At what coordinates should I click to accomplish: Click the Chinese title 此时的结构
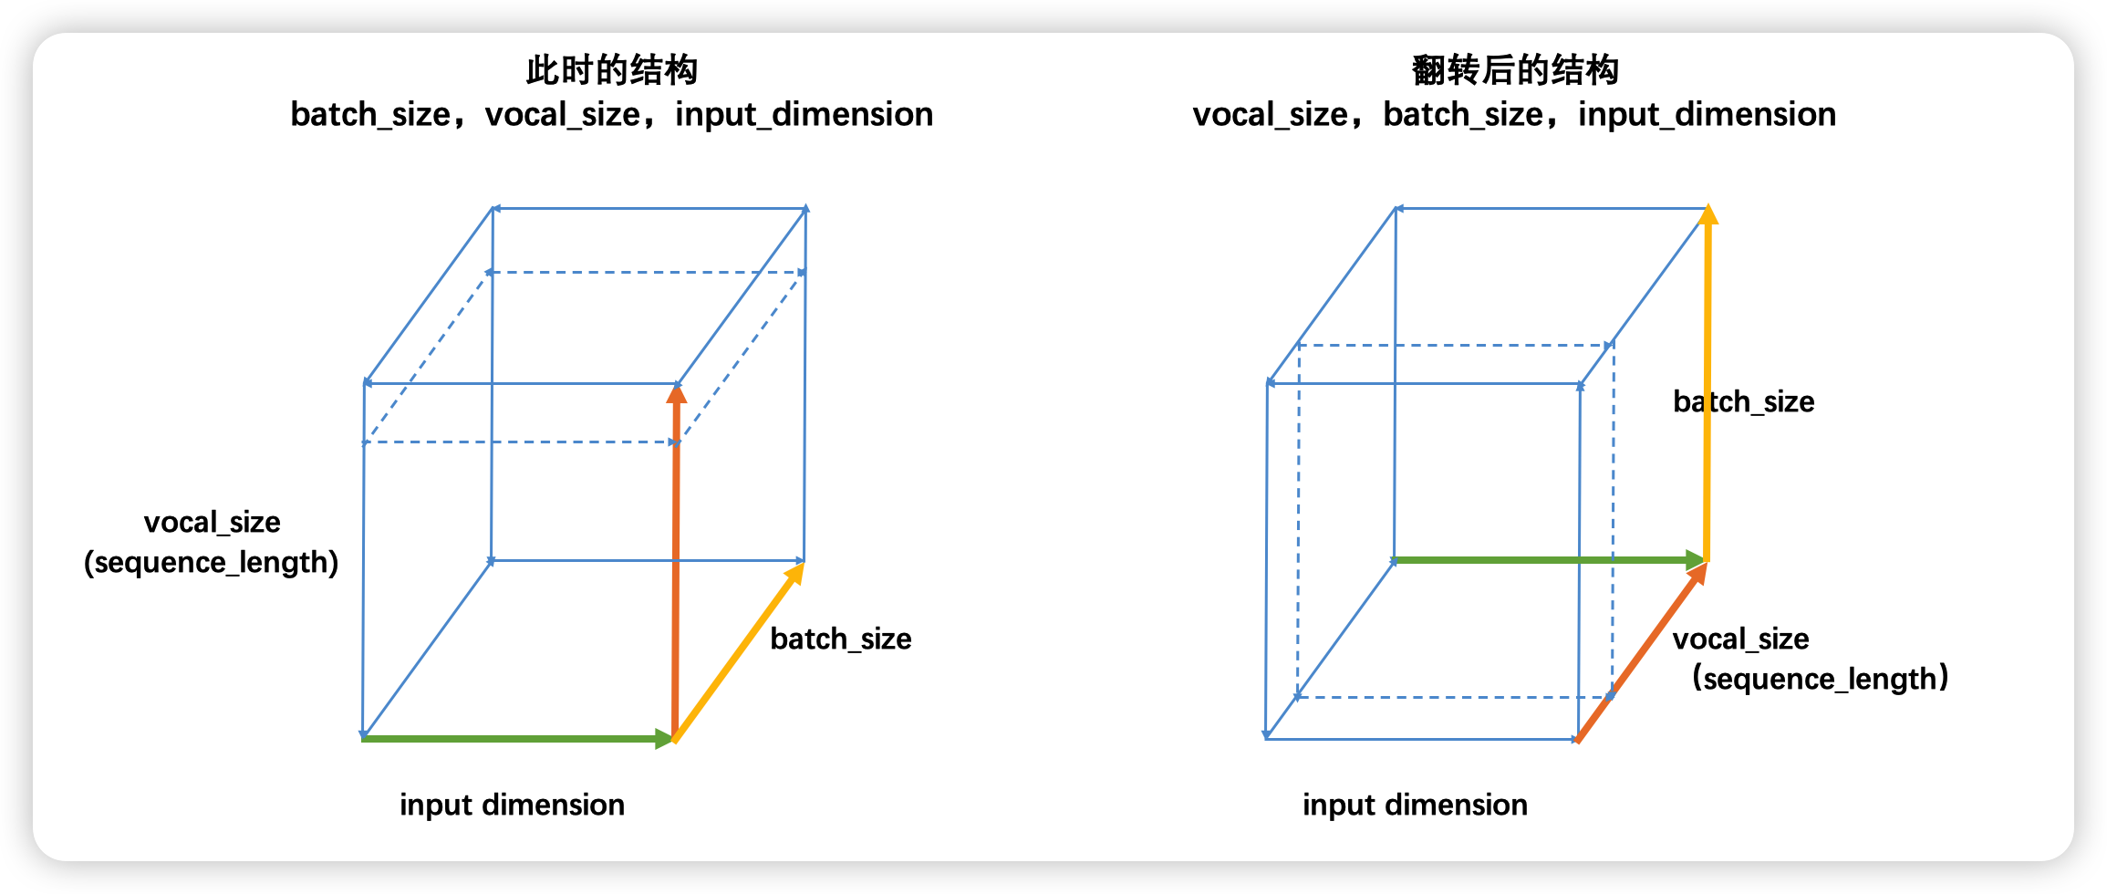click(611, 70)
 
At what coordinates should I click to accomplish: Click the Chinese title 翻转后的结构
click(1514, 70)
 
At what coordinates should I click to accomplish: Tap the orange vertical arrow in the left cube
click(676, 566)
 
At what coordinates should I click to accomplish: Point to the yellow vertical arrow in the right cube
click(1707, 383)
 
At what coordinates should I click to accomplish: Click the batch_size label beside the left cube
click(840, 639)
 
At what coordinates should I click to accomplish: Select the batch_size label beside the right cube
click(1743, 401)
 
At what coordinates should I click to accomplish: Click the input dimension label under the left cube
click(512, 805)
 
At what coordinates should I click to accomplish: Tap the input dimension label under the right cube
click(1415, 805)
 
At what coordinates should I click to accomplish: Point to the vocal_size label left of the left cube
click(212, 522)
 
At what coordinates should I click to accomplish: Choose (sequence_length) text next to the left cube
click(211, 562)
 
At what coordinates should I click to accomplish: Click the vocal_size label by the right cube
click(1740, 639)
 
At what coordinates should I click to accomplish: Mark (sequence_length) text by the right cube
click(1821, 679)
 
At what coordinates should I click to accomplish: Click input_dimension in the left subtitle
click(804, 114)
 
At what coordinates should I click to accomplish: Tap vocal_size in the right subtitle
click(1271, 114)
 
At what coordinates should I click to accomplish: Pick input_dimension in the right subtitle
click(1707, 114)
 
